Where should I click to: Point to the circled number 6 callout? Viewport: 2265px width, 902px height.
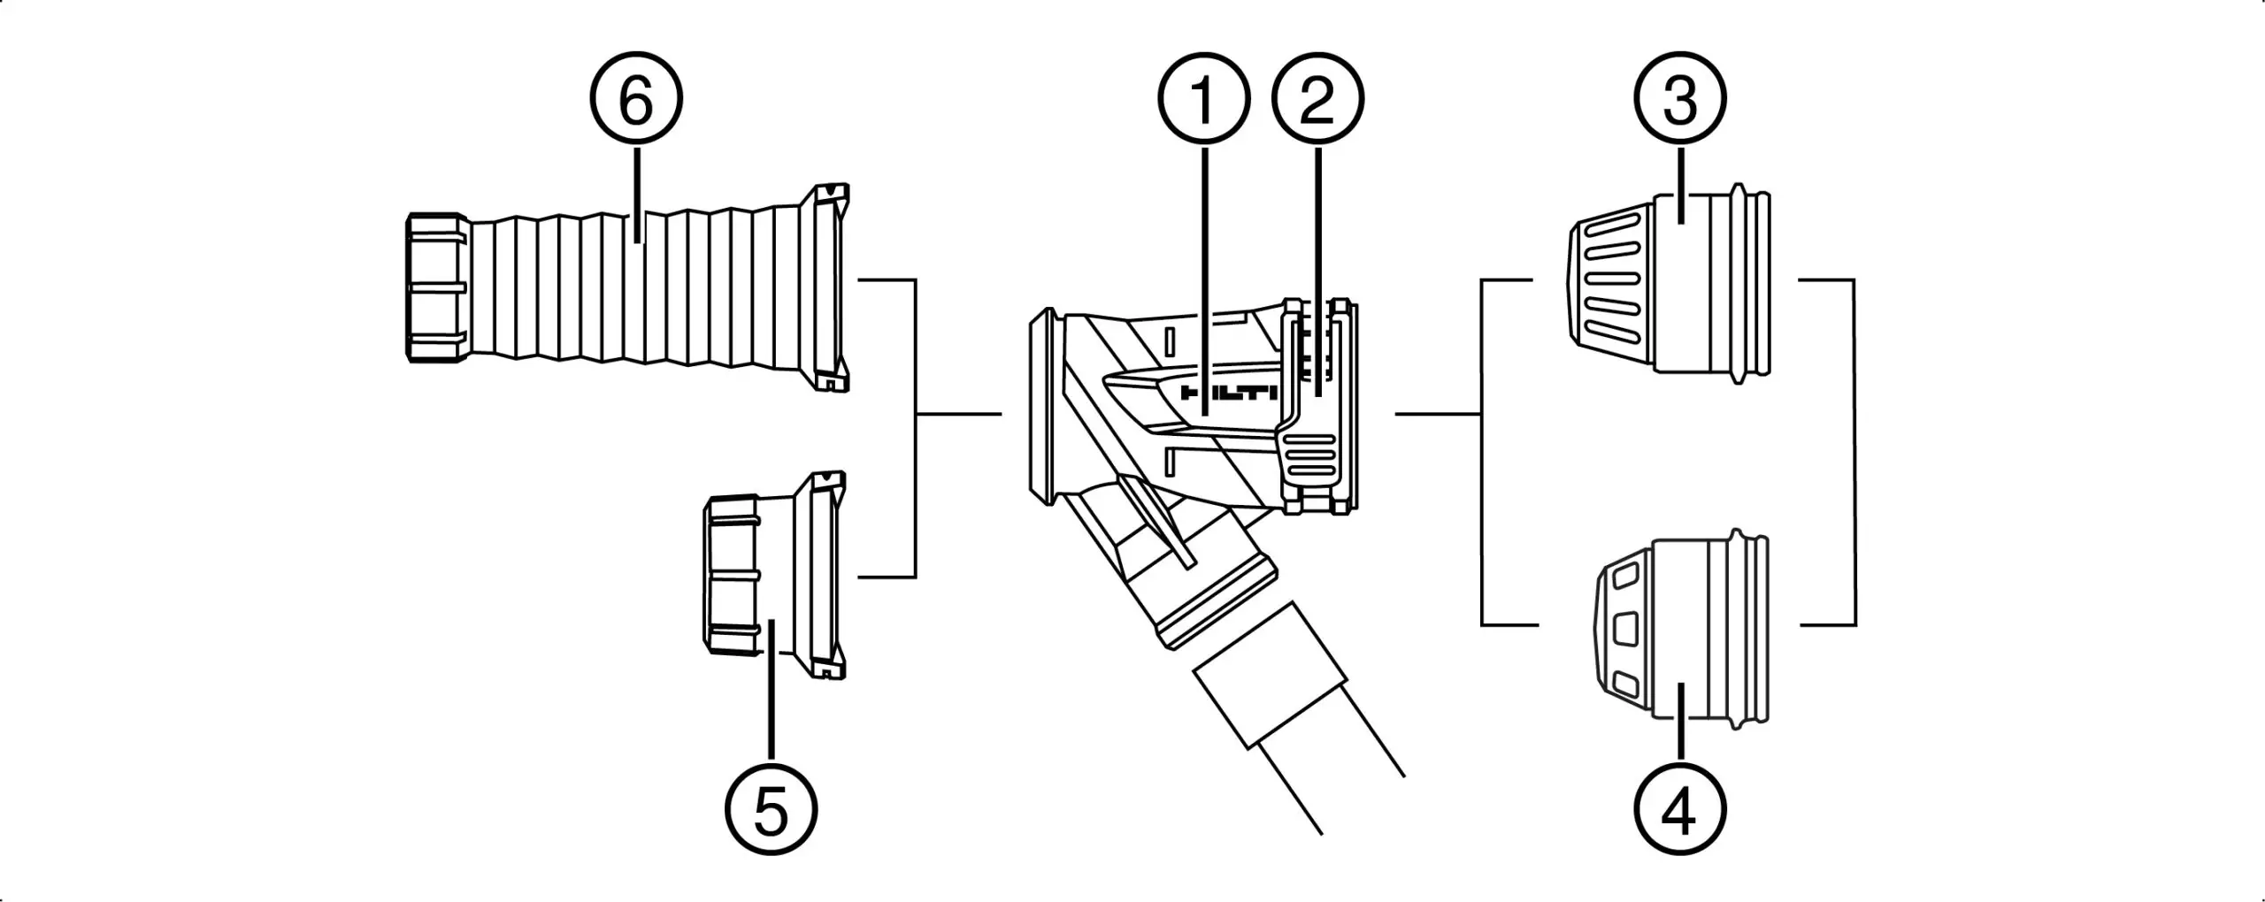coord(636,100)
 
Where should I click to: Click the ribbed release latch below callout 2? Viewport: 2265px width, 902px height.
coord(1310,460)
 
